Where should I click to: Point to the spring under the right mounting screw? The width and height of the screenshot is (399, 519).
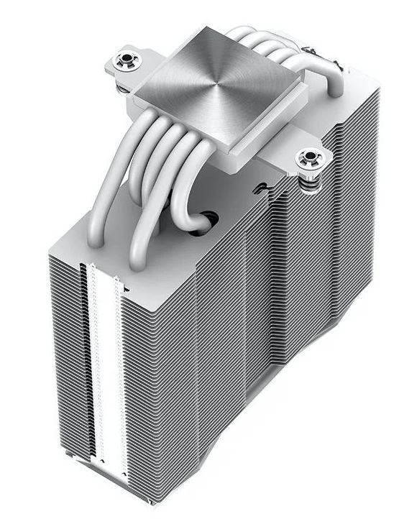tap(311, 181)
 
